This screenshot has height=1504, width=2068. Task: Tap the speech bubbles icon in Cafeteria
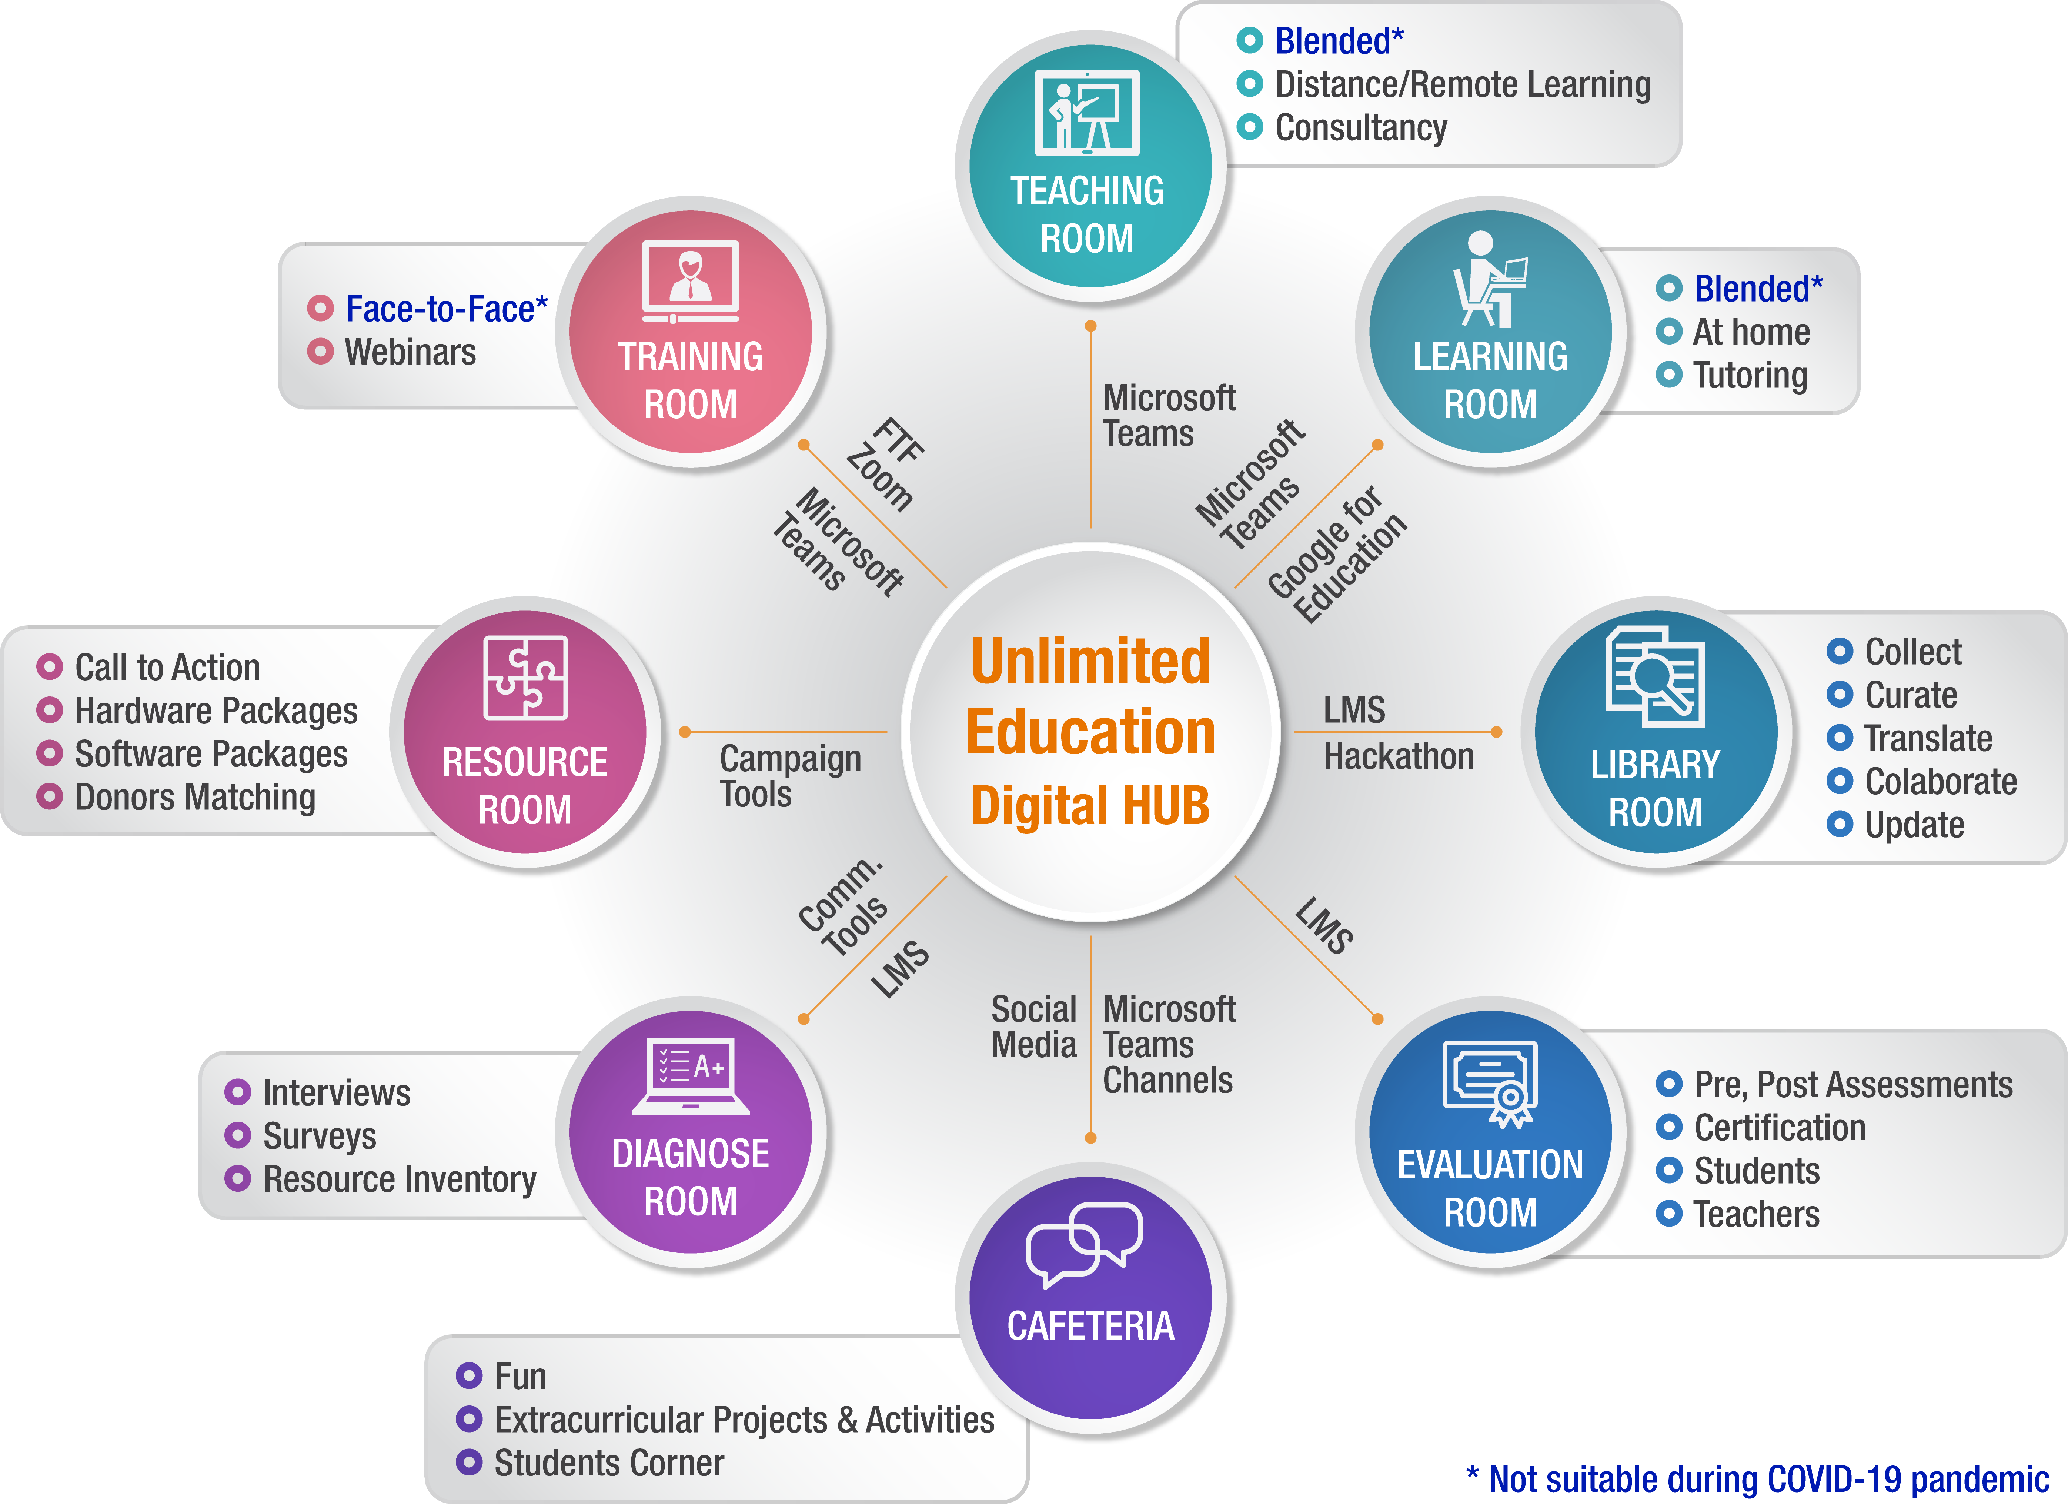[1084, 1242]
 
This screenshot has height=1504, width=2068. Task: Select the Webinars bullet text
[410, 352]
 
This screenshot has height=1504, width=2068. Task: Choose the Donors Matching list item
[195, 797]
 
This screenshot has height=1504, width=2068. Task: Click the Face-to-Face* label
[446, 309]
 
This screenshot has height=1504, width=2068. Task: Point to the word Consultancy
[1360, 128]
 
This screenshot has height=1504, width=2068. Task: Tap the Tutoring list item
[1750, 375]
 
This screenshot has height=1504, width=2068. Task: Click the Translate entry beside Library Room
[1928, 738]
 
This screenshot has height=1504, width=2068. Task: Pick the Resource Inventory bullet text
[400, 1179]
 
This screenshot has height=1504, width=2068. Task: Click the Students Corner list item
[608, 1463]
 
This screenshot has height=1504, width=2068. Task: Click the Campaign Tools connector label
[790, 775]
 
